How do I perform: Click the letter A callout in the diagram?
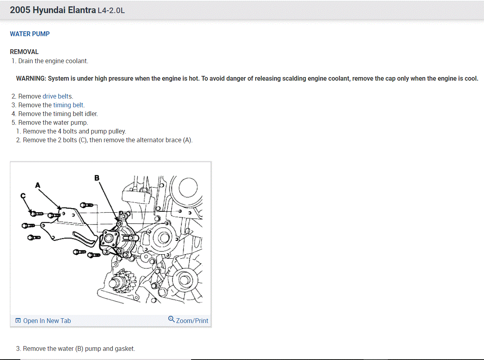pos(38,185)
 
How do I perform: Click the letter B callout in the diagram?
pos(97,178)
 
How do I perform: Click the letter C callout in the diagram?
pos(23,195)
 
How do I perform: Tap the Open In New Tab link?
pos(47,321)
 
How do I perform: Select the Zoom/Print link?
pos(192,321)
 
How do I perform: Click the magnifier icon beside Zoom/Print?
pos(171,319)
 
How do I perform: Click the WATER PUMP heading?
pos(30,34)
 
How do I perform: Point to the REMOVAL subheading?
pos(24,52)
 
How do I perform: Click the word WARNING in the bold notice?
pos(31,78)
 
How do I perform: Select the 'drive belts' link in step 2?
pos(58,96)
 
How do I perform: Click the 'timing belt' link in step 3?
pos(69,105)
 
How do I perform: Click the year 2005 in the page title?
pos(20,10)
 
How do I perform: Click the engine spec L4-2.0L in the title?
pos(111,11)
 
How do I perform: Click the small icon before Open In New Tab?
pos(18,321)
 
